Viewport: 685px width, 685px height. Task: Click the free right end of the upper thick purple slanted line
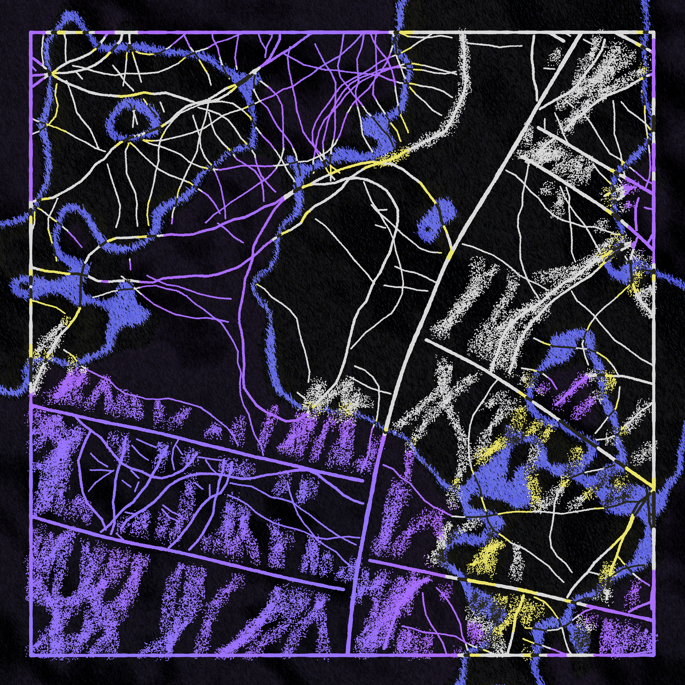pos(362,481)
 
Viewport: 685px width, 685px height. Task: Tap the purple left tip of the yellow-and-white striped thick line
pos(370,560)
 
